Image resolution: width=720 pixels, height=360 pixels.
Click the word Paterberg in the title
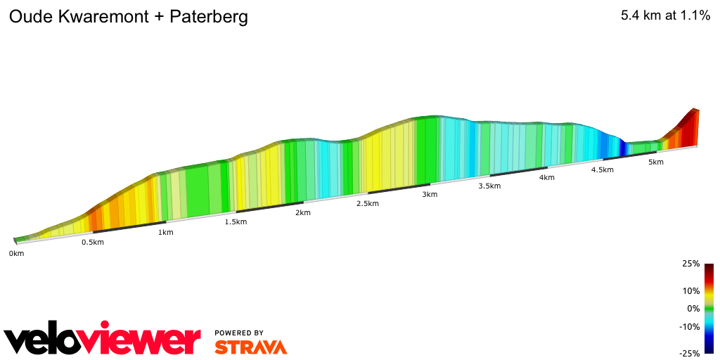[209, 18]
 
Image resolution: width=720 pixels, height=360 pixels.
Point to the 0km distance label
[16, 253]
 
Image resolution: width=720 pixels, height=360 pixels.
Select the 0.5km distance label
[93, 243]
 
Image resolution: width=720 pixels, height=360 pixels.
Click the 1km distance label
[166, 233]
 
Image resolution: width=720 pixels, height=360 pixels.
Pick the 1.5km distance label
[236, 222]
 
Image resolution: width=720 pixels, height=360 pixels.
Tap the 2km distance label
[303, 213]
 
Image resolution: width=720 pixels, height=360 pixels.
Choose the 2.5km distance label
[368, 204]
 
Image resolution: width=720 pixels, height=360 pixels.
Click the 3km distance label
[430, 195]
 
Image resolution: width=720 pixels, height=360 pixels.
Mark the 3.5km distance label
[489, 186]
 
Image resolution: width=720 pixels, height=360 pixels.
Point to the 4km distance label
[547, 178]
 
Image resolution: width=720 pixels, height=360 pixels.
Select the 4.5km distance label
[603, 170]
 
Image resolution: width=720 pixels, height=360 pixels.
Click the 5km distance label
[656, 162]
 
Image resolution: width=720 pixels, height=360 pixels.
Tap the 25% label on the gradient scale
[690, 264]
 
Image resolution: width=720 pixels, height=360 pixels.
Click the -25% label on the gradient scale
[689, 353]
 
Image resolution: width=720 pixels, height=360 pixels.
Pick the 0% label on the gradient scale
[693, 309]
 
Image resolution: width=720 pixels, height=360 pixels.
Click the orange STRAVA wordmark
[250, 347]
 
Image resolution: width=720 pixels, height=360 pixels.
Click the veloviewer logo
[103, 340]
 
